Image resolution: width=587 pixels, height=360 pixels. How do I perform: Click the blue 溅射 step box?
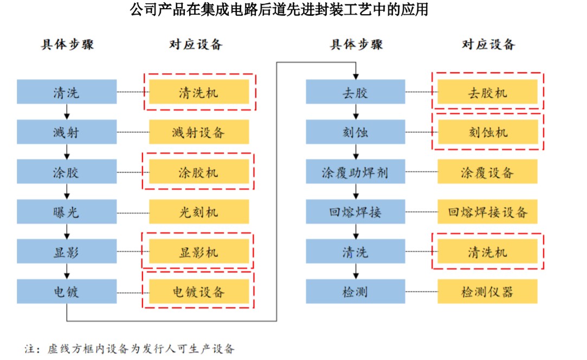pos(67,132)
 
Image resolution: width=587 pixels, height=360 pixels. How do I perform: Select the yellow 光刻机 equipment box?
pos(199,211)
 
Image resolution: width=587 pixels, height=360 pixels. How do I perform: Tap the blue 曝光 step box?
pos(67,211)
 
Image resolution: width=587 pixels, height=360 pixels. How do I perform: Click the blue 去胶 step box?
pos(355,92)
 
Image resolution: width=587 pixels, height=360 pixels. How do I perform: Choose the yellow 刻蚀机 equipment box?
pos(487,132)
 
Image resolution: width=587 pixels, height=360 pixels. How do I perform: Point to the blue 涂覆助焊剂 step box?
pos(355,172)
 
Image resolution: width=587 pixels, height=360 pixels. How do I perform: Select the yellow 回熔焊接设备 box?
pos(487,211)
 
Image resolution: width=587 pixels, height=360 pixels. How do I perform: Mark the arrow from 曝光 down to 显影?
pos(67,232)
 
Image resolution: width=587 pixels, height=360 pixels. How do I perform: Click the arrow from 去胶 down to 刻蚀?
pos(355,112)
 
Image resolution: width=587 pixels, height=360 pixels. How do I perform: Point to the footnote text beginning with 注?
pos(130,348)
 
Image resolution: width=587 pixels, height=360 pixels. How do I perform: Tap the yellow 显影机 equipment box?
pos(199,252)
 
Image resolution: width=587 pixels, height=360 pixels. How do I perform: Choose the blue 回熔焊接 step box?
pos(355,211)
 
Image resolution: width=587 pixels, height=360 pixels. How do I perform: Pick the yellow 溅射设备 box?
pos(199,132)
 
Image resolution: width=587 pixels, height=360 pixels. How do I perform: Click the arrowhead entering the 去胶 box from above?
pos(355,76)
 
